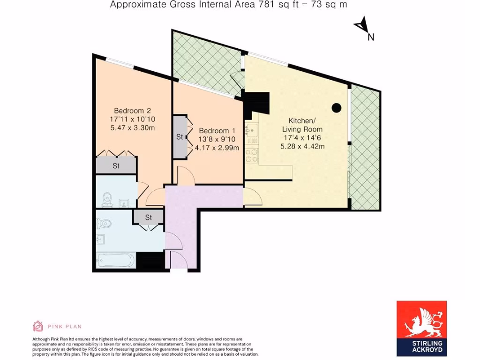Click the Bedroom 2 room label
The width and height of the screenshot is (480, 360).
pos(129,111)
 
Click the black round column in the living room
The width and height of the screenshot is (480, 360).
pos(336,107)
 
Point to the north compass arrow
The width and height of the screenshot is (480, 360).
pos(361,26)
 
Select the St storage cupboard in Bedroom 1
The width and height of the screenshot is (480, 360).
pos(180,137)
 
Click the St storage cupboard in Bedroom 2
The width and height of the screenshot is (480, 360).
pos(116,165)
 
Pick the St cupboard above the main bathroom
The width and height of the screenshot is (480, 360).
pos(148,217)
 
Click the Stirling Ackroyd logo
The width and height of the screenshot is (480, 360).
pos(421,328)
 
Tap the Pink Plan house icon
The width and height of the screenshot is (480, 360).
pos(37,326)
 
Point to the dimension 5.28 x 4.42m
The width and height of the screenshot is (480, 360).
pos(302,146)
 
